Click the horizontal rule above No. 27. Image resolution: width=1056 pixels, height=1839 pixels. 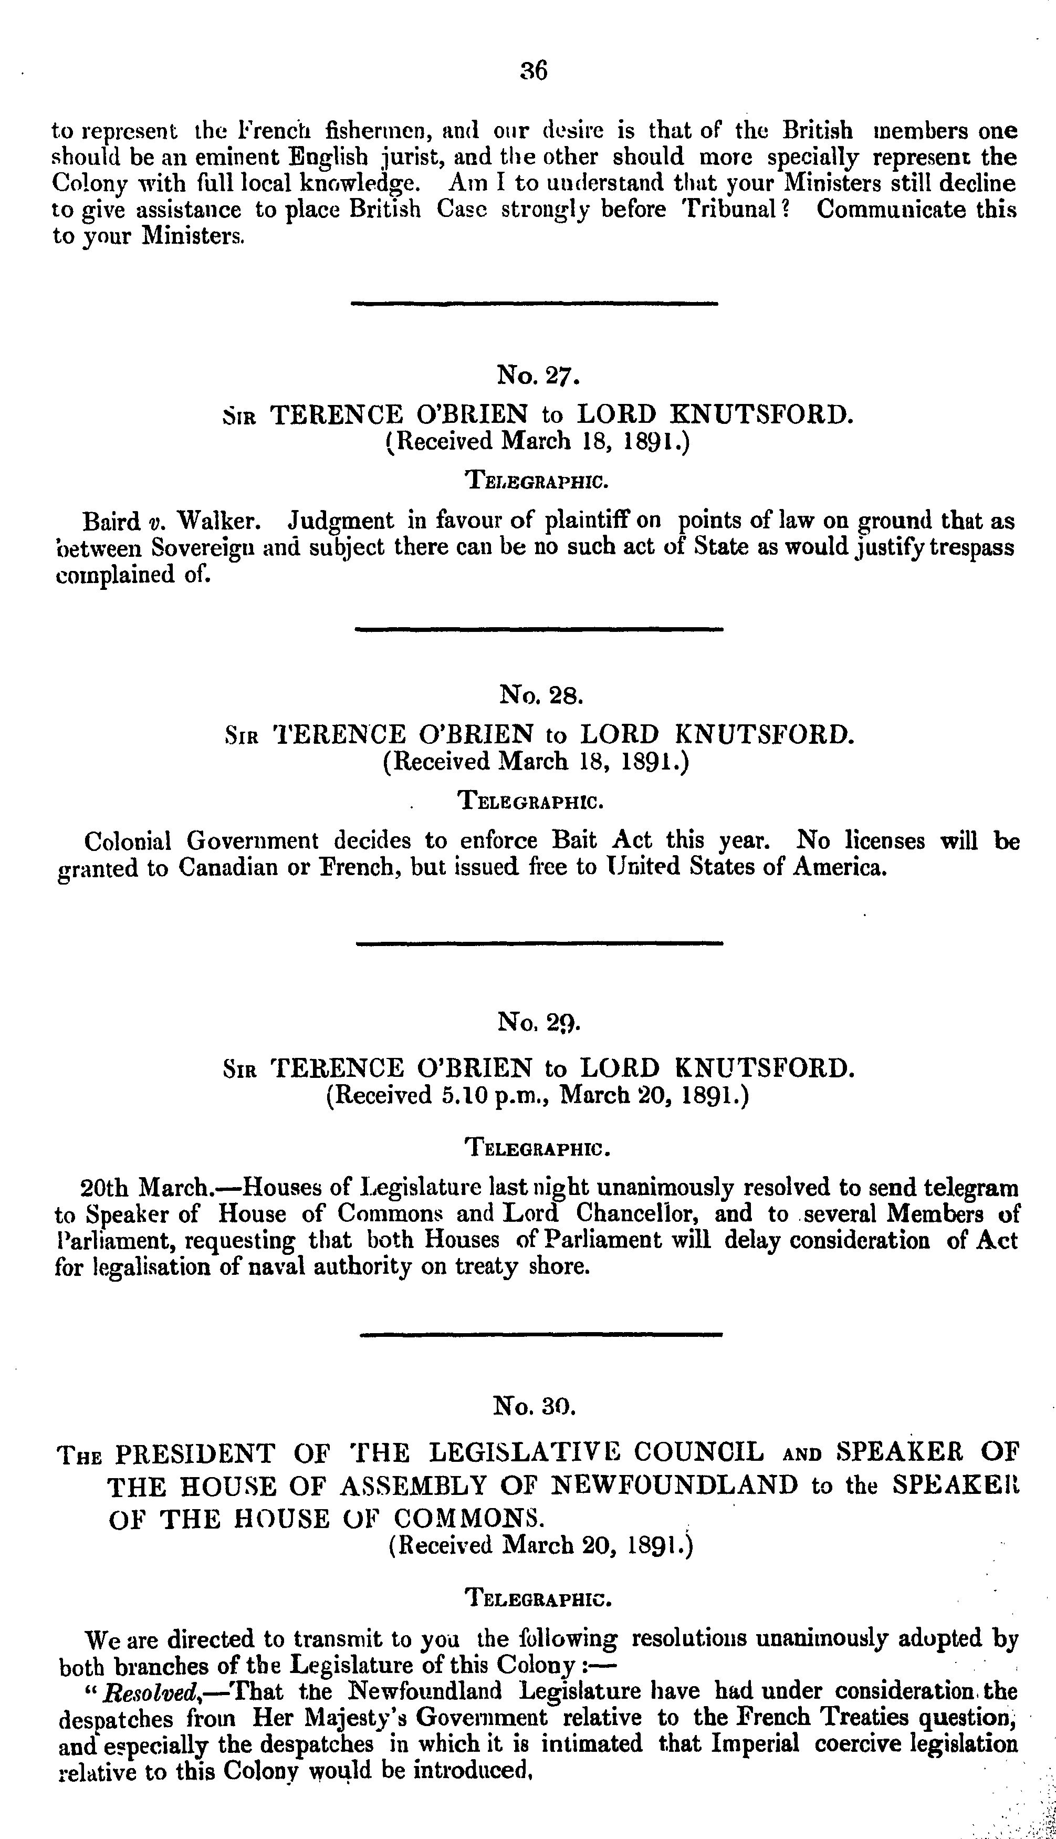point(534,303)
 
